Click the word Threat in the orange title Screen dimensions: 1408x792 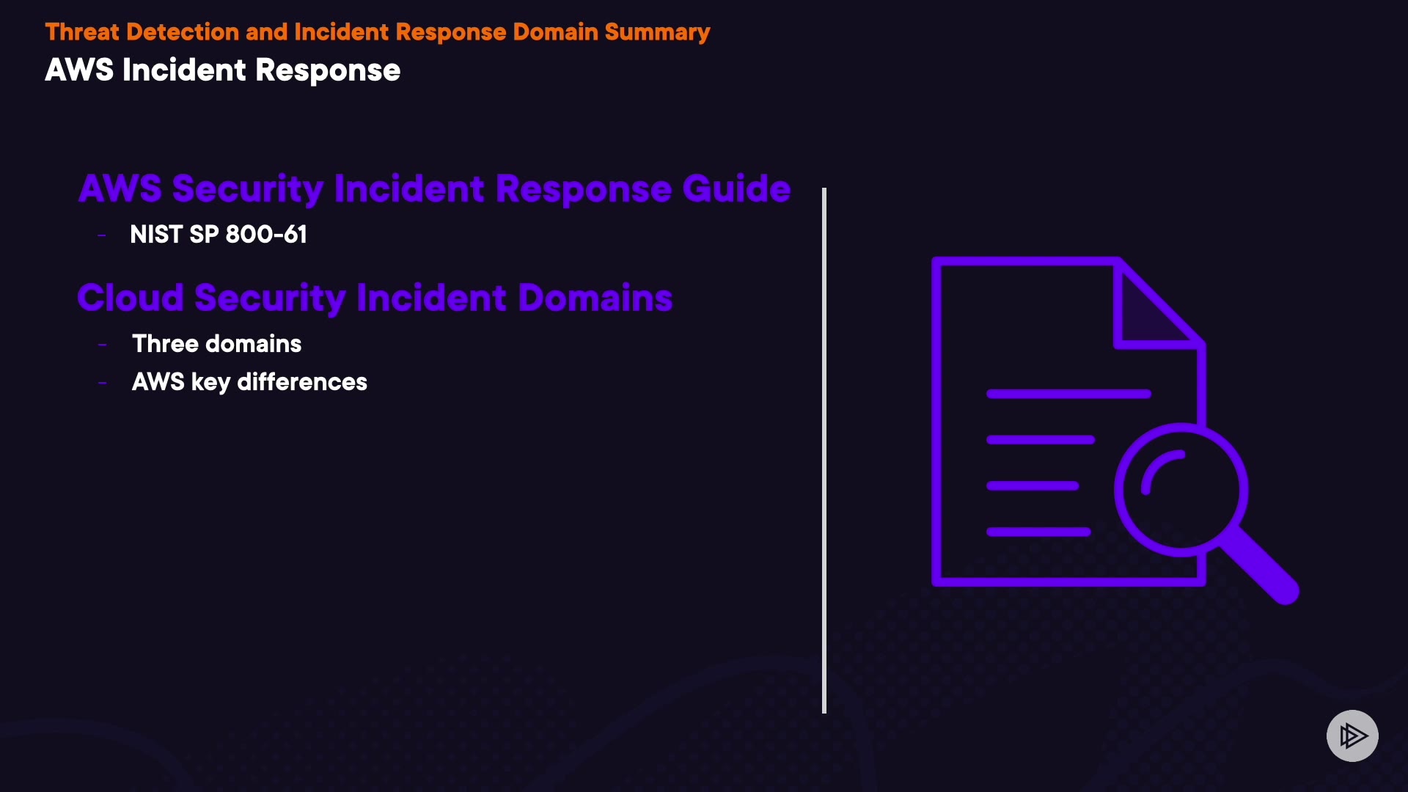[x=81, y=32]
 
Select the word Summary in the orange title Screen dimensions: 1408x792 [x=657, y=32]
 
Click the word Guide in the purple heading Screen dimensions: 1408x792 [x=736, y=188]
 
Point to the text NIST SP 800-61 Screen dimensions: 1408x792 [x=218, y=235]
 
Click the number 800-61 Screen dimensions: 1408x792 [x=266, y=235]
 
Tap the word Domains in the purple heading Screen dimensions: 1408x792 [x=595, y=298]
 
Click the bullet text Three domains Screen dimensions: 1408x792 [x=216, y=344]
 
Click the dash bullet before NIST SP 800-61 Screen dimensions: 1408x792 [x=102, y=235]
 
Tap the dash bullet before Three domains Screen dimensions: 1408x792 [x=102, y=345]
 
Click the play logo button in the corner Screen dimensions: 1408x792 [x=1352, y=736]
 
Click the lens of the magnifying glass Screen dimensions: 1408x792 [x=1181, y=490]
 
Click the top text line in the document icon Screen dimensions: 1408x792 [x=1068, y=395]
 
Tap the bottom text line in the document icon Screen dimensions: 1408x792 [x=1038, y=532]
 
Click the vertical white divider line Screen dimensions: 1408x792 [x=824, y=450]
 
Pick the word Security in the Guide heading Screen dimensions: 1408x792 [x=247, y=188]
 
